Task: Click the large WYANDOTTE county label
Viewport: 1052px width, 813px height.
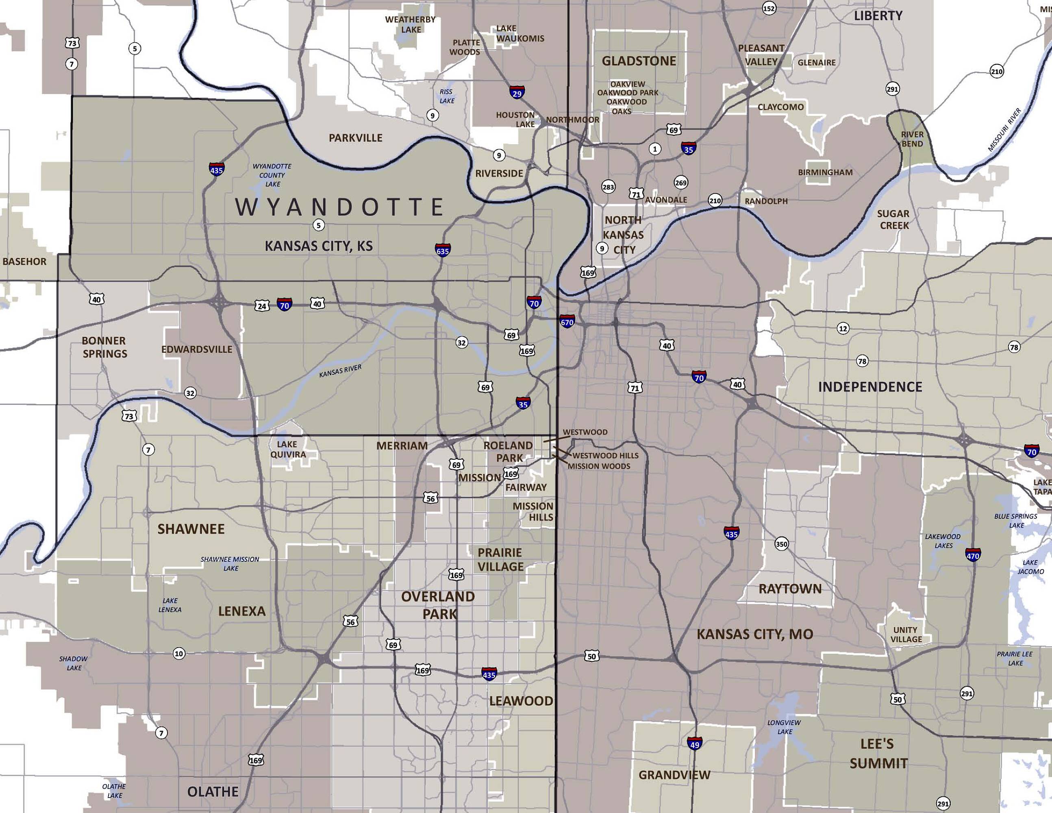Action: click(339, 207)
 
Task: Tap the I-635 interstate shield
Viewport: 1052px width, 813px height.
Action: click(442, 250)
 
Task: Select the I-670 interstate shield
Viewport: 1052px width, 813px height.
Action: click(567, 321)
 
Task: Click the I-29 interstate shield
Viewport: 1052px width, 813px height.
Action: click(517, 92)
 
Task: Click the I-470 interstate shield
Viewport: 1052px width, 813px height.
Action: click(972, 554)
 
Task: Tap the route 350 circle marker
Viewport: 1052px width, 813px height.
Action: click(781, 544)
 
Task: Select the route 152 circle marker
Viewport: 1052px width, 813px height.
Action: click(769, 8)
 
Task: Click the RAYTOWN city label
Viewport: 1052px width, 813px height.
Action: click(790, 589)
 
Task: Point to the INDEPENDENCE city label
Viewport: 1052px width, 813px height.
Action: click(870, 387)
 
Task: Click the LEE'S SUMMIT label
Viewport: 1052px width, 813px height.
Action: click(878, 754)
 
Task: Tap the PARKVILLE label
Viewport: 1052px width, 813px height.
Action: click(356, 138)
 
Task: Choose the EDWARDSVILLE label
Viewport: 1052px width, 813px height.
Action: click(196, 349)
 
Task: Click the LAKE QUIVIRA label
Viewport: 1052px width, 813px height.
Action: click(287, 449)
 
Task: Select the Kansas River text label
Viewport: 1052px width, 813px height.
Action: click(340, 371)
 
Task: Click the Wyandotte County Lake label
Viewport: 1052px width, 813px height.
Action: click(272, 175)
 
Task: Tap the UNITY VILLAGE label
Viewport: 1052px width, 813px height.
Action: click(906, 634)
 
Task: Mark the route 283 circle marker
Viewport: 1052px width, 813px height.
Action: click(608, 187)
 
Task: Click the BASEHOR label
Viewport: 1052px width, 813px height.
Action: click(24, 261)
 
